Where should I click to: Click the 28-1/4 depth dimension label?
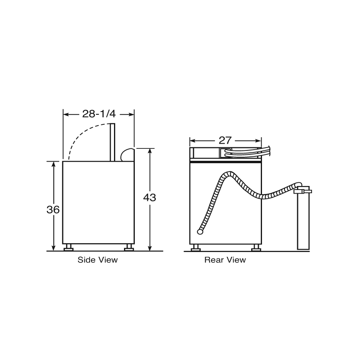point(98,114)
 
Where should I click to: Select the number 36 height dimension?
point(53,209)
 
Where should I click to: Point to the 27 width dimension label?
point(225,140)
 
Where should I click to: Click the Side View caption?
point(98,260)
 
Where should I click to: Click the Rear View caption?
point(225,260)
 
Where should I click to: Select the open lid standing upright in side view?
point(113,142)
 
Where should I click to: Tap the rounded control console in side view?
point(127,155)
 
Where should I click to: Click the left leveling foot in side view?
point(68,248)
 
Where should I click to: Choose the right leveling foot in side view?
point(129,248)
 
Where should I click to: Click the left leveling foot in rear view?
point(196,248)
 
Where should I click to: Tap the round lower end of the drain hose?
point(200,231)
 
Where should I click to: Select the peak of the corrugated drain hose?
point(229,173)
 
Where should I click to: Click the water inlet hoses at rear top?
point(246,153)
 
